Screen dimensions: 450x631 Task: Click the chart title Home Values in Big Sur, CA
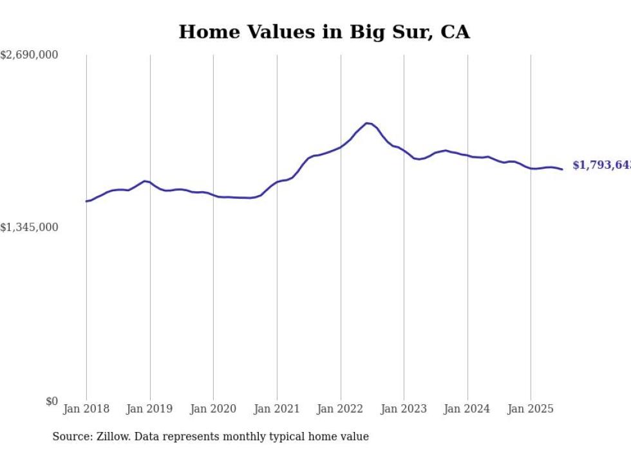(324, 32)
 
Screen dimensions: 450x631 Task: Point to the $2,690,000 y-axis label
(30, 55)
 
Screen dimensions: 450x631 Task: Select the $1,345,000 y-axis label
(30, 227)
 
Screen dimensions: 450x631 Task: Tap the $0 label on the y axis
(52, 401)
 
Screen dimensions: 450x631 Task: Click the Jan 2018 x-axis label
(86, 409)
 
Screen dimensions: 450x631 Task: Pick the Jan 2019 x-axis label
(150, 409)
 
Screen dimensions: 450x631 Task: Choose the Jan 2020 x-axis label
(213, 409)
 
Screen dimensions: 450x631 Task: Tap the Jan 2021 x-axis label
(277, 409)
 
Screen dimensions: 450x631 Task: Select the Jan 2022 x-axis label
(341, 409)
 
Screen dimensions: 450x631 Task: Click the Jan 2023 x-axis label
(404, 409)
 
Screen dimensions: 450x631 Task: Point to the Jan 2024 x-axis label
(467, 409)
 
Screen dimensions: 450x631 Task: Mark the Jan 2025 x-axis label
(531, 409)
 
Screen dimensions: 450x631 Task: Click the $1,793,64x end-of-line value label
(601, 165)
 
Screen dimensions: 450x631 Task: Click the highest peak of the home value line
(366, 123)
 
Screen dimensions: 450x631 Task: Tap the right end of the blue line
(562, 169)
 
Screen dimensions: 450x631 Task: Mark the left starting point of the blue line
(86, 202)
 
